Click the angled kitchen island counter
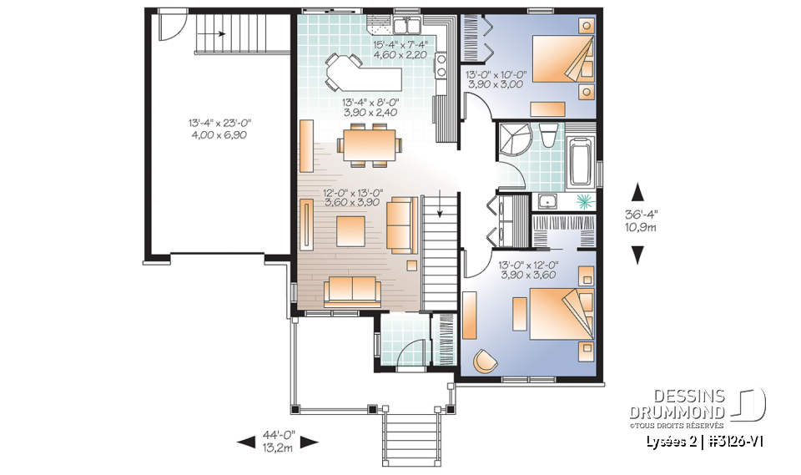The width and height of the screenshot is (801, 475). (367, 77)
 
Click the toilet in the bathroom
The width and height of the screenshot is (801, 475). (549, 134)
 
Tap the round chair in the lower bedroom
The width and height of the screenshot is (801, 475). (486, 360)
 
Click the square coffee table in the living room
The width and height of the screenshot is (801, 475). (350, 229)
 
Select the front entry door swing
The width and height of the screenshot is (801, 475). (406, 354)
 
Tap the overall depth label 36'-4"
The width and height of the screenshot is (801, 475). (639, 215)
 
